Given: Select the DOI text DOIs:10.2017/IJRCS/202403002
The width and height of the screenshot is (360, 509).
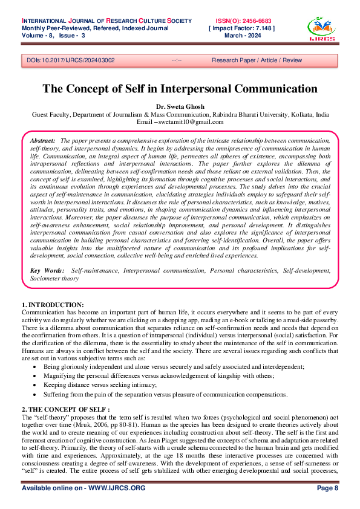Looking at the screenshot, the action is (x=71, y=60).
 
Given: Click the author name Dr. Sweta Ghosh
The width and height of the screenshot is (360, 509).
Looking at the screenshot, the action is (x=180, y=106).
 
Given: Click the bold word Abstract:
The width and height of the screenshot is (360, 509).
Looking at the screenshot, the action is (x=42, y=140).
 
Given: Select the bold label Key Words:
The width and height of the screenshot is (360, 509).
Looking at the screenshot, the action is (x=46, y=271).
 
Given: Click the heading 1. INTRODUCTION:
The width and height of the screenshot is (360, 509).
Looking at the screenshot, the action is (x=53, y=303).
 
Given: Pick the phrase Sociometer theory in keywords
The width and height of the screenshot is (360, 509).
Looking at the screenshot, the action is (x=54, y=279).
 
